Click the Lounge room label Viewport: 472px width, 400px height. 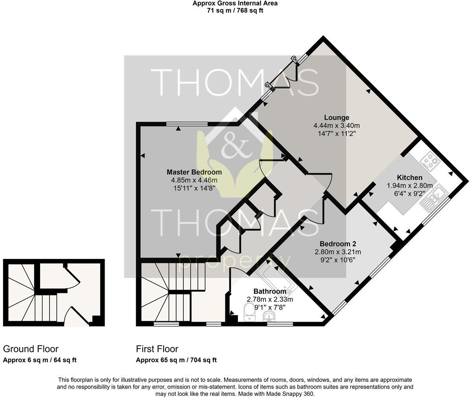click(336, 117)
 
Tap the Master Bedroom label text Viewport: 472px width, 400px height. click(194, 172)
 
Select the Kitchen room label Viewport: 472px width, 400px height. click(409, 178)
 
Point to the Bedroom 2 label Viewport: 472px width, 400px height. click(337, 244)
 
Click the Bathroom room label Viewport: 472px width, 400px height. click(269, 291)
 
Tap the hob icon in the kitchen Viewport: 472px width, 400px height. click(429, 161)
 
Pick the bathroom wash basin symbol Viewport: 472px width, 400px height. click(269, 316)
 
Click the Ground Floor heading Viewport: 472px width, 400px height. click(31, 349)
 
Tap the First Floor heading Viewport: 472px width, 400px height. click(157, 349)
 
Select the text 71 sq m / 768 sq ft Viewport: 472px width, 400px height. click(235, 11)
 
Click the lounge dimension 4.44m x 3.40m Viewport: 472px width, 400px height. click(336, 126)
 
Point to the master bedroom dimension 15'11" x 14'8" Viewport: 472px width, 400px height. click(194, 188)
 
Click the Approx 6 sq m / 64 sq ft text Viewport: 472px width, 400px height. click(39, 360)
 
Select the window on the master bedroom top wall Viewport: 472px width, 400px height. click(186, 124)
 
